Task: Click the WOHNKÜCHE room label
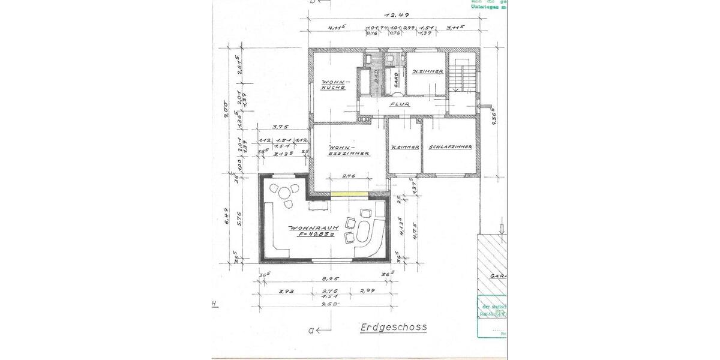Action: pyautogui.click(x=333, y=85)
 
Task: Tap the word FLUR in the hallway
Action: pyautogui.click(x=399, y=103)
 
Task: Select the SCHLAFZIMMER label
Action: pyautogui.click(x=449, y=147)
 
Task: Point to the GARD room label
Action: pyautogui.click(x=396, y=80)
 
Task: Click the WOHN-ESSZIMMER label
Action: pyautogui.click(x=347, y=150)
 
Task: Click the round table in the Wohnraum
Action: pyautogui.click(x=283, y=193)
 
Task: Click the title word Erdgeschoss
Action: pyautogui.click(x=394, y=328)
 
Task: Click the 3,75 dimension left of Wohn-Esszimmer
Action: pyautogui.click(x=278, y=127)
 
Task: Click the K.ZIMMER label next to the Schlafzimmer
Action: pyautogui.click(x=404, y=147)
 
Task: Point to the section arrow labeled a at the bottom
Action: pyautogui.click(x=316, y=329)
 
